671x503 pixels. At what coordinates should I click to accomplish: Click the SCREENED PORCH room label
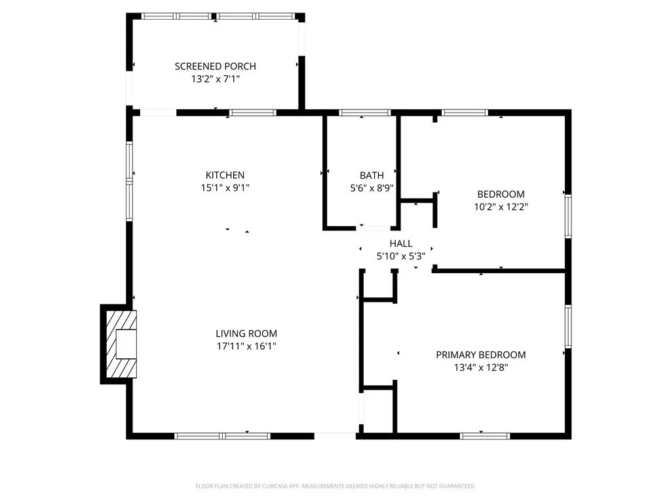[215, 66]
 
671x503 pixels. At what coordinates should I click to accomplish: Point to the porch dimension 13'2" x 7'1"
[215, 79]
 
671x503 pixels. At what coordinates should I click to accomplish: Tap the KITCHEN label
[225, 175]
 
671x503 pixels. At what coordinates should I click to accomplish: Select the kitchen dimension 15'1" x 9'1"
[225, 188]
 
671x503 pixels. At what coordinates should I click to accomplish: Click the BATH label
[372, 176]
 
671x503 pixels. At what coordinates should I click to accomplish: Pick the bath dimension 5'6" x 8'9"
[372, 188]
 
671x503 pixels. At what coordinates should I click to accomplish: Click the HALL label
[401, 244]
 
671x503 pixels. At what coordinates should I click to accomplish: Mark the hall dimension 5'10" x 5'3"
[401, 257]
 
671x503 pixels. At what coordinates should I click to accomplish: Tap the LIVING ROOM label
[246, 333]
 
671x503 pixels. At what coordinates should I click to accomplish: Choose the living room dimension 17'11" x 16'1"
[246, 346]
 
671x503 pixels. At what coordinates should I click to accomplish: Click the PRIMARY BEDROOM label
[480, 355]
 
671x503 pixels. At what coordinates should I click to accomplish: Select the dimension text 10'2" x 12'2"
[501, 207]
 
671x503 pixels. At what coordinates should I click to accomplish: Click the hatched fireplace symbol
[121, 345]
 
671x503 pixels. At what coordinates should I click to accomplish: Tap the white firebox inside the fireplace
[126, 345]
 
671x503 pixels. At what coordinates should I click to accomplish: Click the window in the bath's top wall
[364, 113]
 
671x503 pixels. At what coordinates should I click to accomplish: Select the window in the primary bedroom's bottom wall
[485, 436]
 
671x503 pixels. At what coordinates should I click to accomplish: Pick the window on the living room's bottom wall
[222, 436]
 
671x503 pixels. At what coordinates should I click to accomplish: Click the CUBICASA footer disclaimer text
[335, 487]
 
